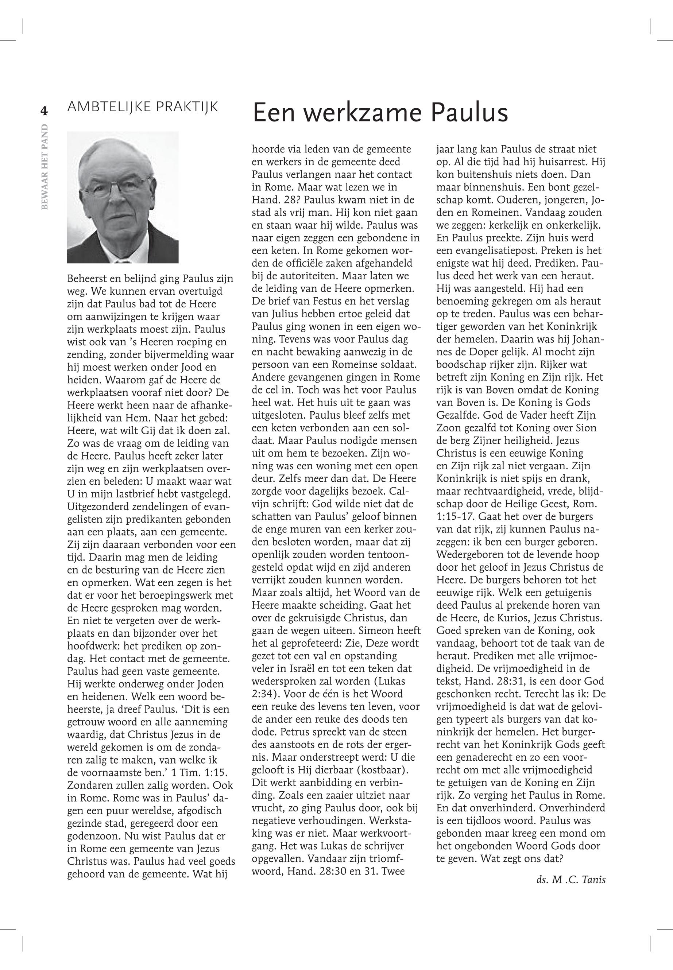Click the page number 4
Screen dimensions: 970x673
[x=43, y=111]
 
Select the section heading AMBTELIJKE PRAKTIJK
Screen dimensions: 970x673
[x=143, y=107]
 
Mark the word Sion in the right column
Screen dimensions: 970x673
[x=587, y=428]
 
